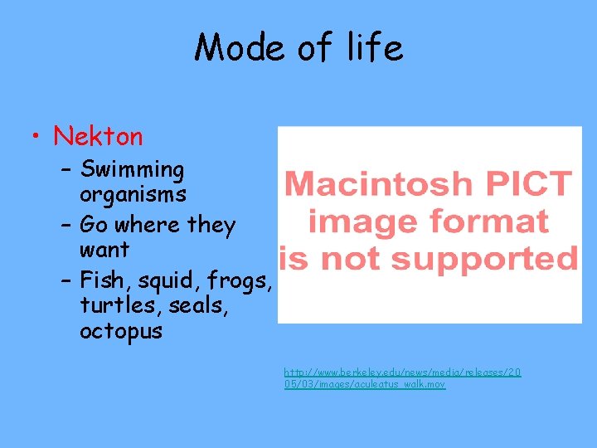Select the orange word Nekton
click(98, 136)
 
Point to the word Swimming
click(132, 171)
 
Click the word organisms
click(133, 195)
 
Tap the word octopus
click(121, 332)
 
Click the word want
click(104, 250)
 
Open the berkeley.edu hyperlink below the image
click(402, 379)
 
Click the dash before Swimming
click(66, 171)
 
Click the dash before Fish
click(66, 282)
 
